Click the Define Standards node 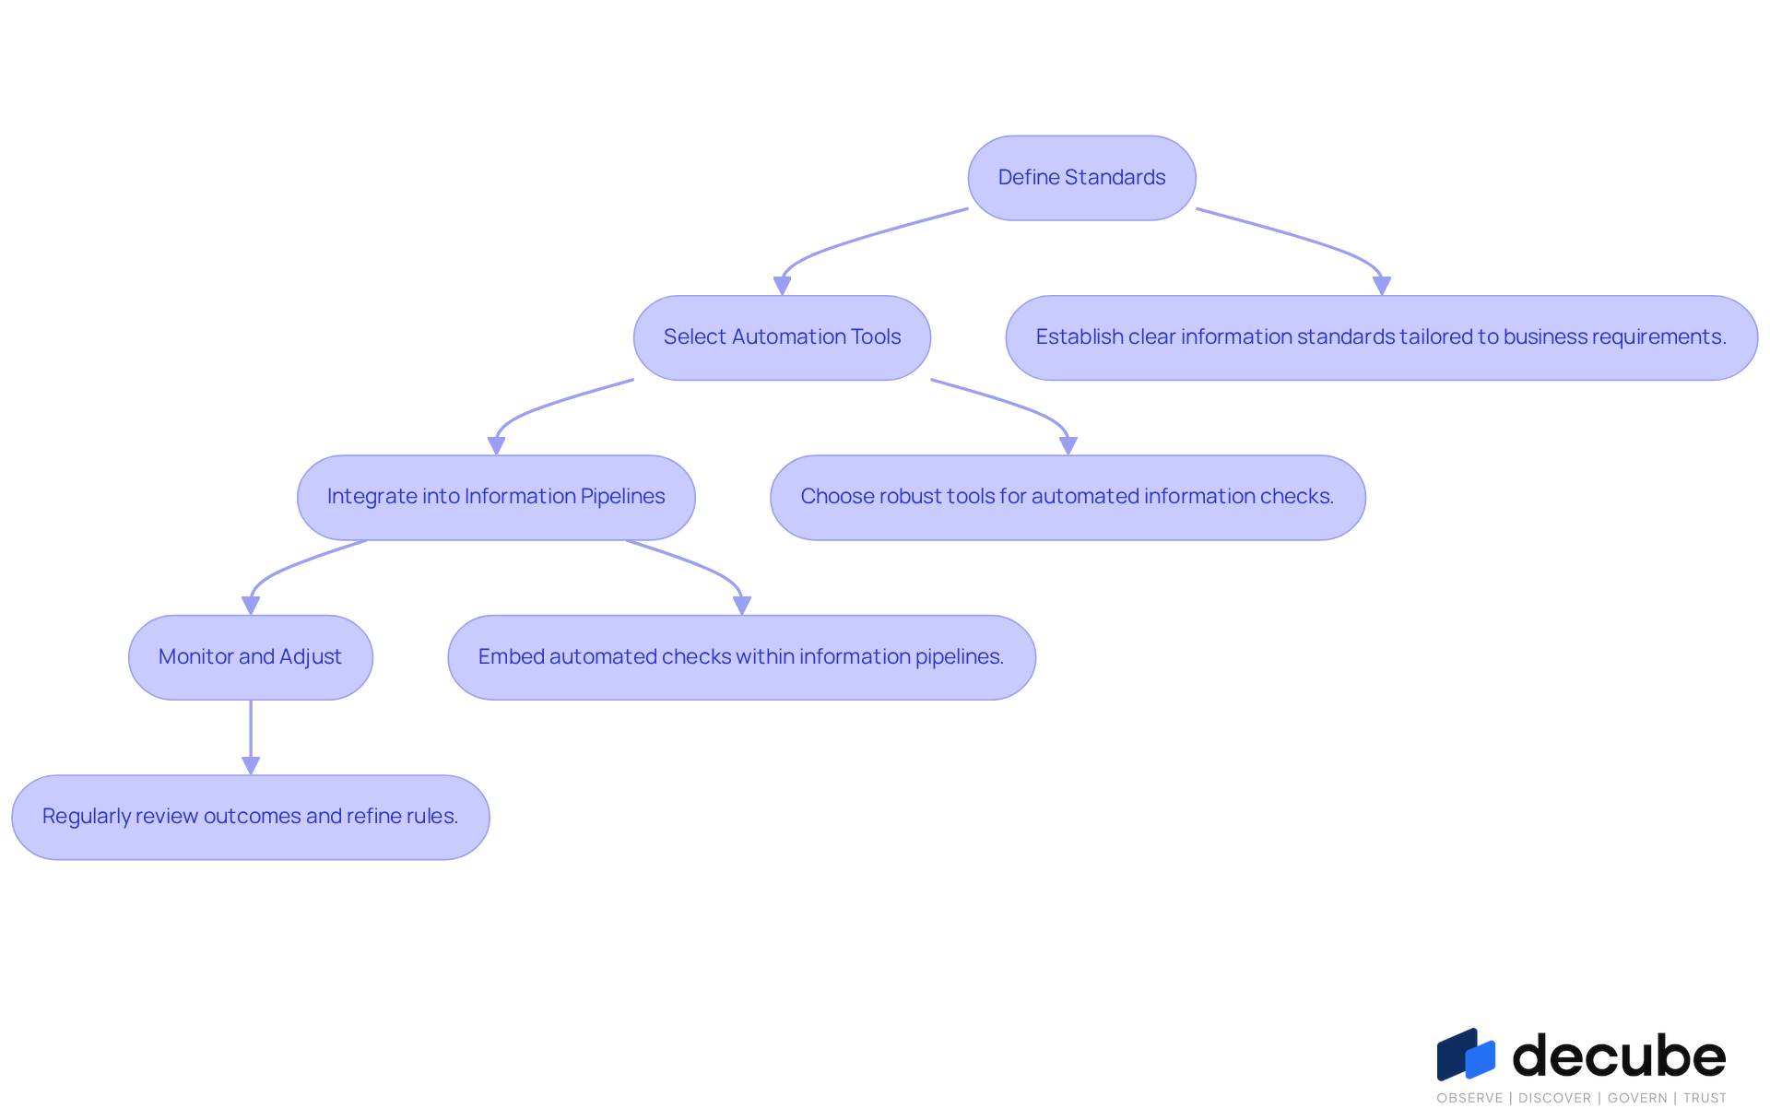[x=1081, y=178]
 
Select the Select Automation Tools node [x=782, y=337]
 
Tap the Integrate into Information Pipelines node [x=496, y=497]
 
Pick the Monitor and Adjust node [x=251, y=657]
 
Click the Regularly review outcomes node [x=251, y=817]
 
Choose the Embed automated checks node [x=741, y=657]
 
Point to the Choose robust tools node [x=1068, y=497]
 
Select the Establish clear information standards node [x=1381, y=337]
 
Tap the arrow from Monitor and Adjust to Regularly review [x=251, y=737]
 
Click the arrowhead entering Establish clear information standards [x=1381, y=286]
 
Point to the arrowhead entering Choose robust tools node [x=1068, y=445]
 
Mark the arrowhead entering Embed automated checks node [x=741, y=606]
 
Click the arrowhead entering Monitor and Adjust [x=251, y=606]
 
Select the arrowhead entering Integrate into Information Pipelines [x=496, y=445]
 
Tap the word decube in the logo [x=1619, y=1055]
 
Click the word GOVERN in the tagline [x=1637, y=1098]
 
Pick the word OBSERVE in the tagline [x=1469, y=1098]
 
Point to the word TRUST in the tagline [x=1705, y=1098]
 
